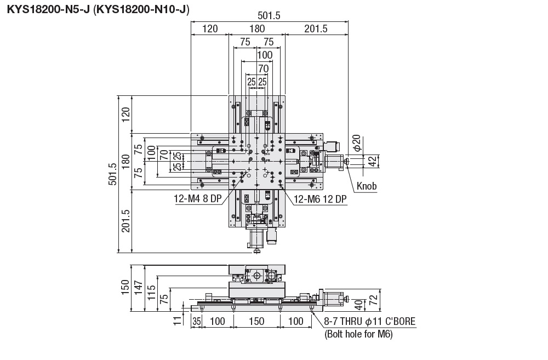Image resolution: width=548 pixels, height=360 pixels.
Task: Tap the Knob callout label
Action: pos(367,186)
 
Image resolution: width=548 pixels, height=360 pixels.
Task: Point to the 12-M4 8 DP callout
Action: pos(196,199)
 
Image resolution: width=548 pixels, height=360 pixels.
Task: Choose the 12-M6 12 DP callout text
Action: pos(321,199)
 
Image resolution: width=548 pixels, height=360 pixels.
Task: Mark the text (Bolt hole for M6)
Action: pos(358,334)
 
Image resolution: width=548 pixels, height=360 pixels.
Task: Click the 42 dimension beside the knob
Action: pos(372,161)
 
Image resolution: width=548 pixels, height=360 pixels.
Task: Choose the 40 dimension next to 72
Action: pos(357,305)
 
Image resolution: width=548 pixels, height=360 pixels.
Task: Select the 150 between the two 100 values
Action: pos(256,321)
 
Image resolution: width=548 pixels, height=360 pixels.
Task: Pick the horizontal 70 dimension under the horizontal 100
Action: pos(263,68)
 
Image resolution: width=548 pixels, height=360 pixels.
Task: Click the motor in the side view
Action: pos(332,299)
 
